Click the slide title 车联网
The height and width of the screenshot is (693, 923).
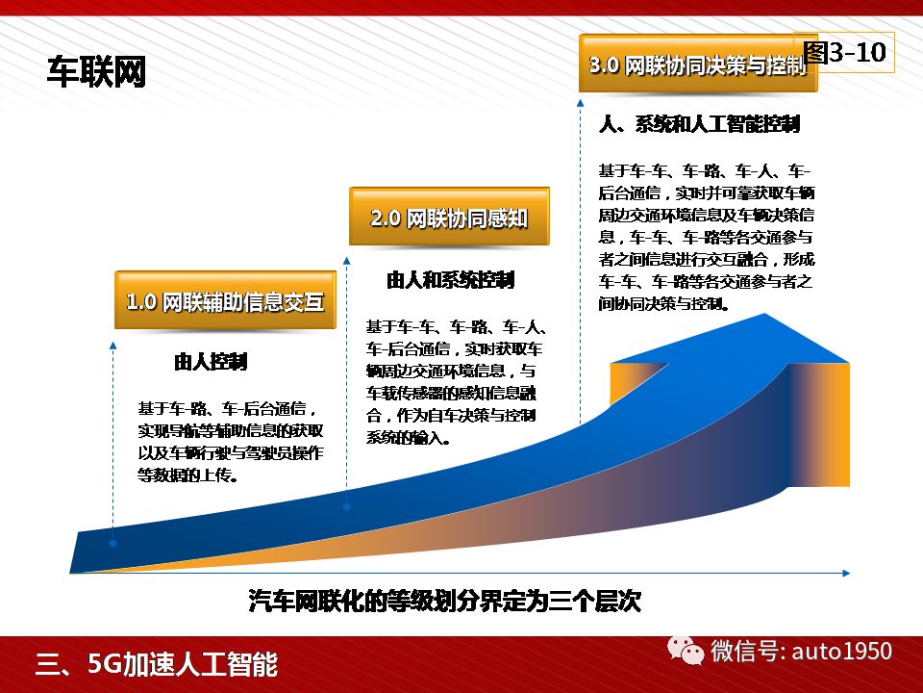[x=96, y=72]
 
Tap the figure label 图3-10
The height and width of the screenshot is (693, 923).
[x=845, y=52]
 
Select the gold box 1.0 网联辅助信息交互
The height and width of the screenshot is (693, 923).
[x=225, y=300]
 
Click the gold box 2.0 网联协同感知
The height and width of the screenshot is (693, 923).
[x=449, y=217]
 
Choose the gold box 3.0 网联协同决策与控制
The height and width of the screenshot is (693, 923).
[x=698, y=64]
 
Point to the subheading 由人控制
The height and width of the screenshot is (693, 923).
[x=211, y=361]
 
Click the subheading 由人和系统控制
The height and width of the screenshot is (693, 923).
[x=450, y=280]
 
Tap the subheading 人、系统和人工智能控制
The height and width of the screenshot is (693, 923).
[x=699, y=124]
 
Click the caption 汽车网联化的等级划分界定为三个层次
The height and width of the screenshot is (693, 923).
[x=444, y=601]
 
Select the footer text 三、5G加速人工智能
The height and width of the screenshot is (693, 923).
[x=157, y=664]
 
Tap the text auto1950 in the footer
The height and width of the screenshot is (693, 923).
[x=842, y=652]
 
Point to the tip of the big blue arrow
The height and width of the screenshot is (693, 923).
[x=764, y=314]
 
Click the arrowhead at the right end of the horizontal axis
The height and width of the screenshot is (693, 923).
[x=846, y=573]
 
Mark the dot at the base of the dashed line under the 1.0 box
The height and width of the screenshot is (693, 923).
[x=113, y=543]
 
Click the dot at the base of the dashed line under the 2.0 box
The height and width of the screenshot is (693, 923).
[x=347, y=507]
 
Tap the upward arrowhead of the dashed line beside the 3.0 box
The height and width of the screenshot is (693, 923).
[x=581, y=103]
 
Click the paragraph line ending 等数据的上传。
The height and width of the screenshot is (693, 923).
[x=187, y=475]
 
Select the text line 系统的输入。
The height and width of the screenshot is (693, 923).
[x=409, y=438]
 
